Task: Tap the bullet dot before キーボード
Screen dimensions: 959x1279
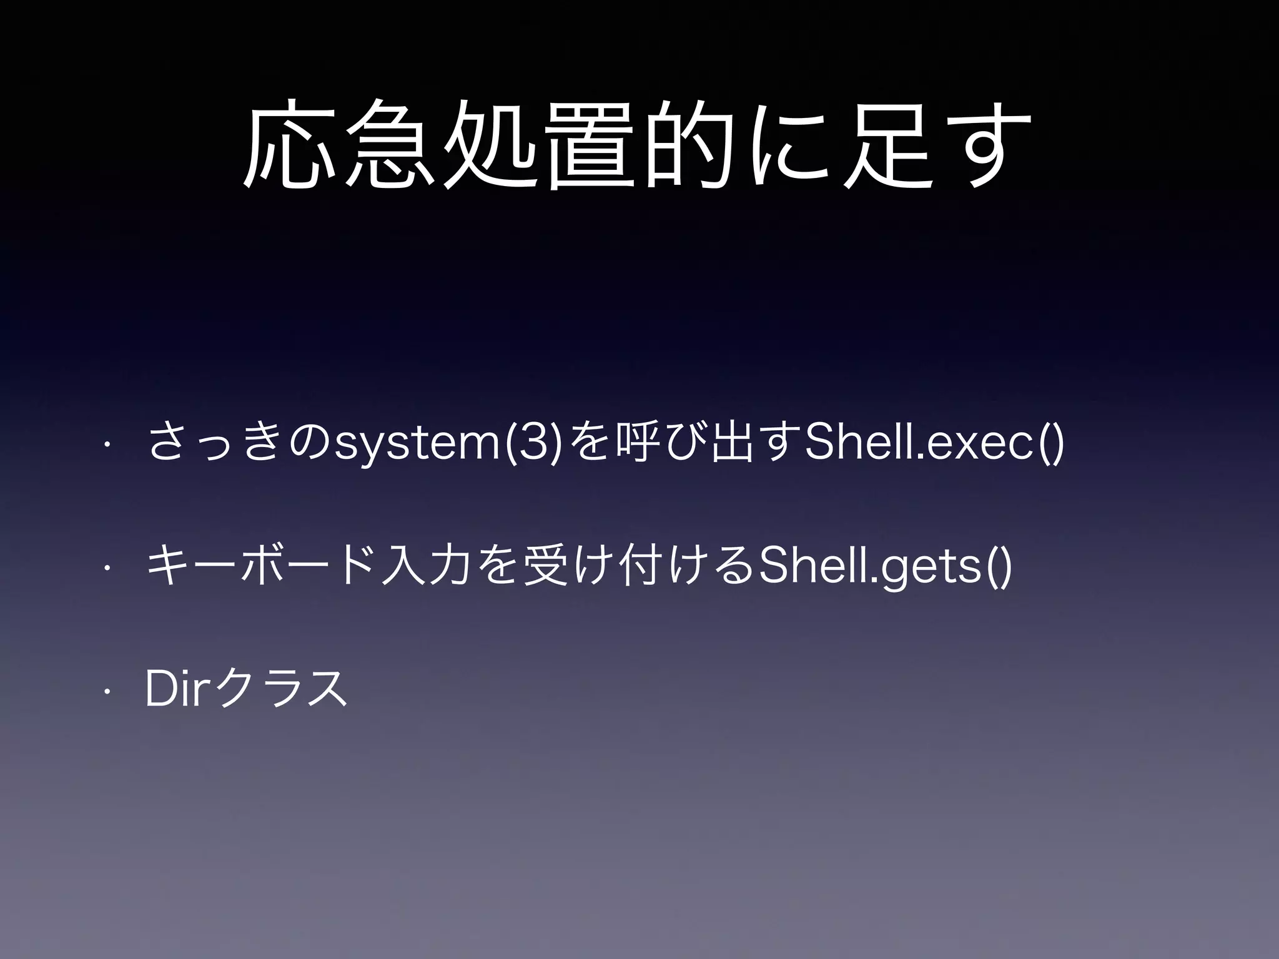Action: click(x=107, y=569)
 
